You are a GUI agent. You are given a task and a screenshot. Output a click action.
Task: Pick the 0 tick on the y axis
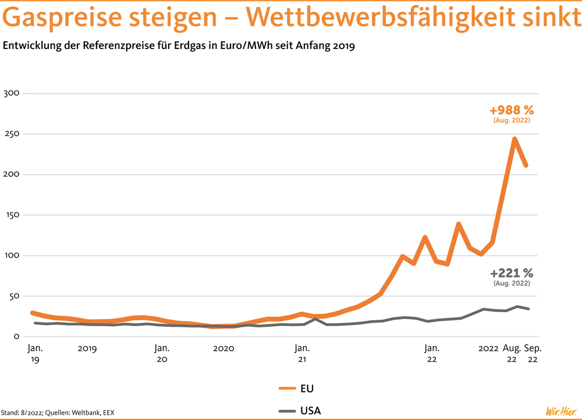coord(17,337)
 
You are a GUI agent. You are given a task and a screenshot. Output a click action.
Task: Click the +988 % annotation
coord(512,110)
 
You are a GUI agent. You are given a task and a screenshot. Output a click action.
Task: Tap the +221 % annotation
coord(512,273)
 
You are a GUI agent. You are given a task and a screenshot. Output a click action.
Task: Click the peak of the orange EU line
coord(514,139)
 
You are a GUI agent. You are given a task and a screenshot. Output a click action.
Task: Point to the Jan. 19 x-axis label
coord(35,354)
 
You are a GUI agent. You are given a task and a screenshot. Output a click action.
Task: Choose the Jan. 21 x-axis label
coord(301,354)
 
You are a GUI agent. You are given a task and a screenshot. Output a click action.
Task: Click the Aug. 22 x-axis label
coord(512,354)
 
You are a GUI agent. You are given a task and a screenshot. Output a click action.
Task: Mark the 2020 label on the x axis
coord(223,348)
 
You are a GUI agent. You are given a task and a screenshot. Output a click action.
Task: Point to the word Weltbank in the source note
coord(74,413)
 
